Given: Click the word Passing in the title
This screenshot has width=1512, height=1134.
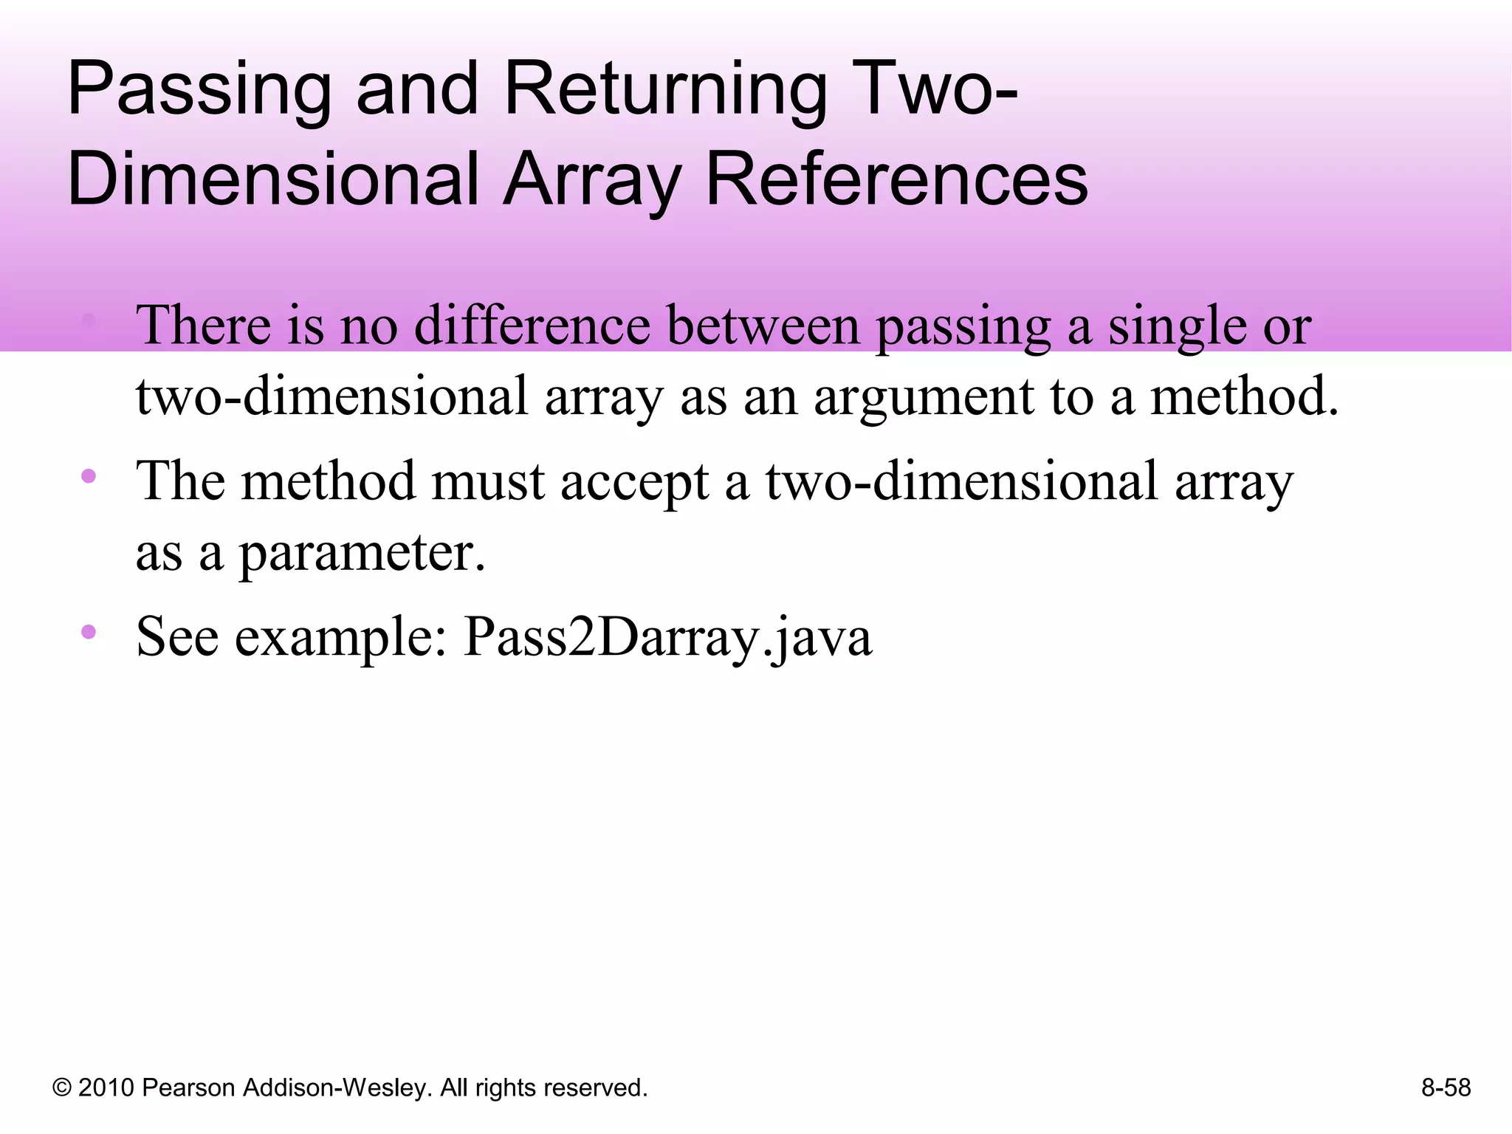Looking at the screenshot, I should click(x=199, y=90).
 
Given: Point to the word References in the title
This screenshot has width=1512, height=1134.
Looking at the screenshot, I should click(x=896, y=179).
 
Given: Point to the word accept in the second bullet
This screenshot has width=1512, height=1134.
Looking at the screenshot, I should click(x=634, y=481).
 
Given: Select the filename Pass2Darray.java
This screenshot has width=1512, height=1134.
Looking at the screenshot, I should click(x=667, y=636).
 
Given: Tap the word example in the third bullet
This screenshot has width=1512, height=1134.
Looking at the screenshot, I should click(x=340, y=636).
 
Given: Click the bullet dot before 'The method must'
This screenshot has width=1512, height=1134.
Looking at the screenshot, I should click(x=89, y=476).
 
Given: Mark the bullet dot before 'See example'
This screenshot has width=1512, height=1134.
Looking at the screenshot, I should click(x=89, y=631).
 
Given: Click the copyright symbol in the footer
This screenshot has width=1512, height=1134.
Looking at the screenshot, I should click(x=62, y=1087).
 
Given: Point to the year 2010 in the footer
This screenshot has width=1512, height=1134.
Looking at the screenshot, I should click(x=106, y=1087).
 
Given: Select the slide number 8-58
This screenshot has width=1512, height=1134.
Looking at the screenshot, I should click(x=1446, y=1087).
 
